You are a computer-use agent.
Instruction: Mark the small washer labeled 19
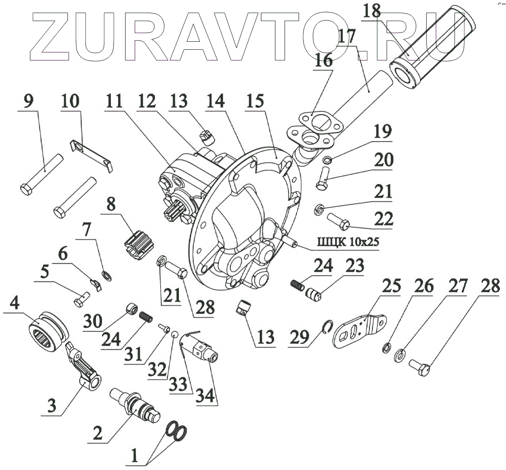(x=327, y=160)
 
